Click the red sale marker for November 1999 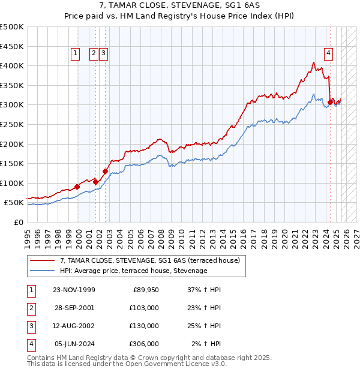point(77,187)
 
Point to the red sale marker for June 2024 point(330,103)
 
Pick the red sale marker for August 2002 point(105,171)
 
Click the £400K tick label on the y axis point(12,66)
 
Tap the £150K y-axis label point(12,163)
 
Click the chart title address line point(180,7)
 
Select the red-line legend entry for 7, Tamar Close point(149,260)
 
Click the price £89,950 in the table point(145,290)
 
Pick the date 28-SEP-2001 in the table point(74,308)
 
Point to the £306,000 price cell point(145,344)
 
